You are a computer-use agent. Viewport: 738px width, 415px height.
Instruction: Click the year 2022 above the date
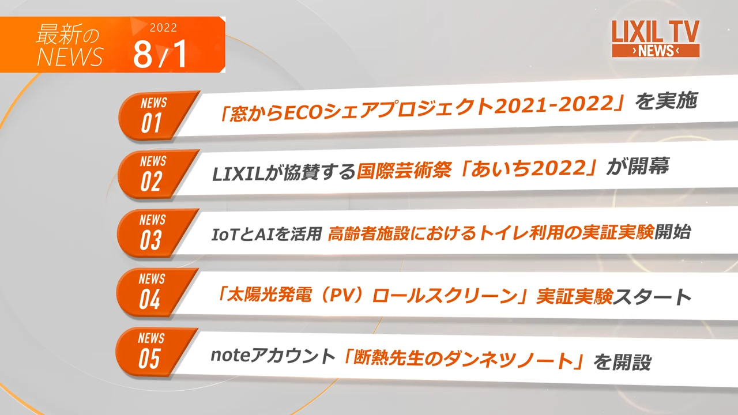click(x=163, y=28)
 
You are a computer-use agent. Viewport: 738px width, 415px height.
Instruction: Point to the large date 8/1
click(x=160, y=55)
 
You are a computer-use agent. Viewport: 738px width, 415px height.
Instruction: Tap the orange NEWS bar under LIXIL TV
click(x=656, y=51)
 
